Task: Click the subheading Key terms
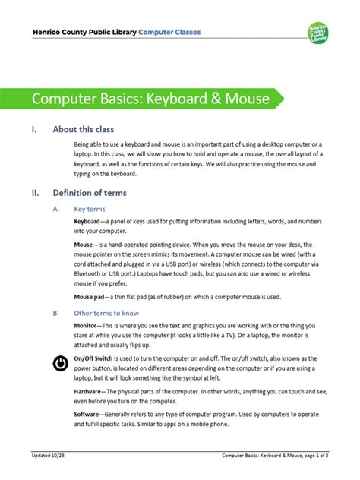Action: click(x=90, y=208)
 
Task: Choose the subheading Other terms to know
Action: click(x=106, y=312)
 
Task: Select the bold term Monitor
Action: click(x=90, y=324)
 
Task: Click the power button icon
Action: click(x=60, y=363)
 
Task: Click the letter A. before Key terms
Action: click(x=55, y=208)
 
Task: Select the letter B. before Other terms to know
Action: click(x=55, y=312)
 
